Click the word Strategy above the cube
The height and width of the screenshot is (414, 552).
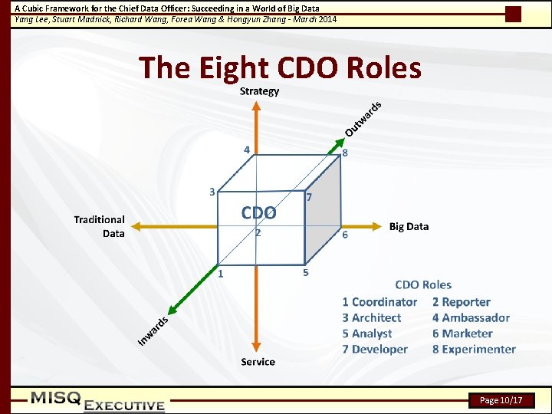[x=259, y=91]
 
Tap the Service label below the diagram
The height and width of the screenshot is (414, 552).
[x=258, y=361]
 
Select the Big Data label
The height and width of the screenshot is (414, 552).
[x=409, y=226]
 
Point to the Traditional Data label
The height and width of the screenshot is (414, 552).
[x=100, y=226]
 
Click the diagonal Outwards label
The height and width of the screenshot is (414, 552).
[x=363, y=118]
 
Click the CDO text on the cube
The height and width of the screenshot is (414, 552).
[x=258, y=212]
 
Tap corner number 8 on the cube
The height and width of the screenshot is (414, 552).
[x=345, y=153]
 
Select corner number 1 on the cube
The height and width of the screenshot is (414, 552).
[x=221, y=273]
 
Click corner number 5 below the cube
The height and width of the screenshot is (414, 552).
[x=306, y=272]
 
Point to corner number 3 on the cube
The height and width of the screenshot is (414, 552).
[x=212, y=191]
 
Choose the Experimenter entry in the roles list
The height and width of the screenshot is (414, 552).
[x=474, y=349]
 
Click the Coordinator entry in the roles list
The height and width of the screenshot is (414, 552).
[x=379, y=302]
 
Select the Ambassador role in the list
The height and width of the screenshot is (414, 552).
[x=471, y=317]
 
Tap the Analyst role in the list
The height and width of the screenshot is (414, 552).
[x=367, y=333]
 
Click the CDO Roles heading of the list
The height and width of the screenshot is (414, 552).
[x=423, y=284]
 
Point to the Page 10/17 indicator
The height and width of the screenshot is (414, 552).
[x=501, y=400]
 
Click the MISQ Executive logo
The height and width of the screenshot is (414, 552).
[x=97, y=401]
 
